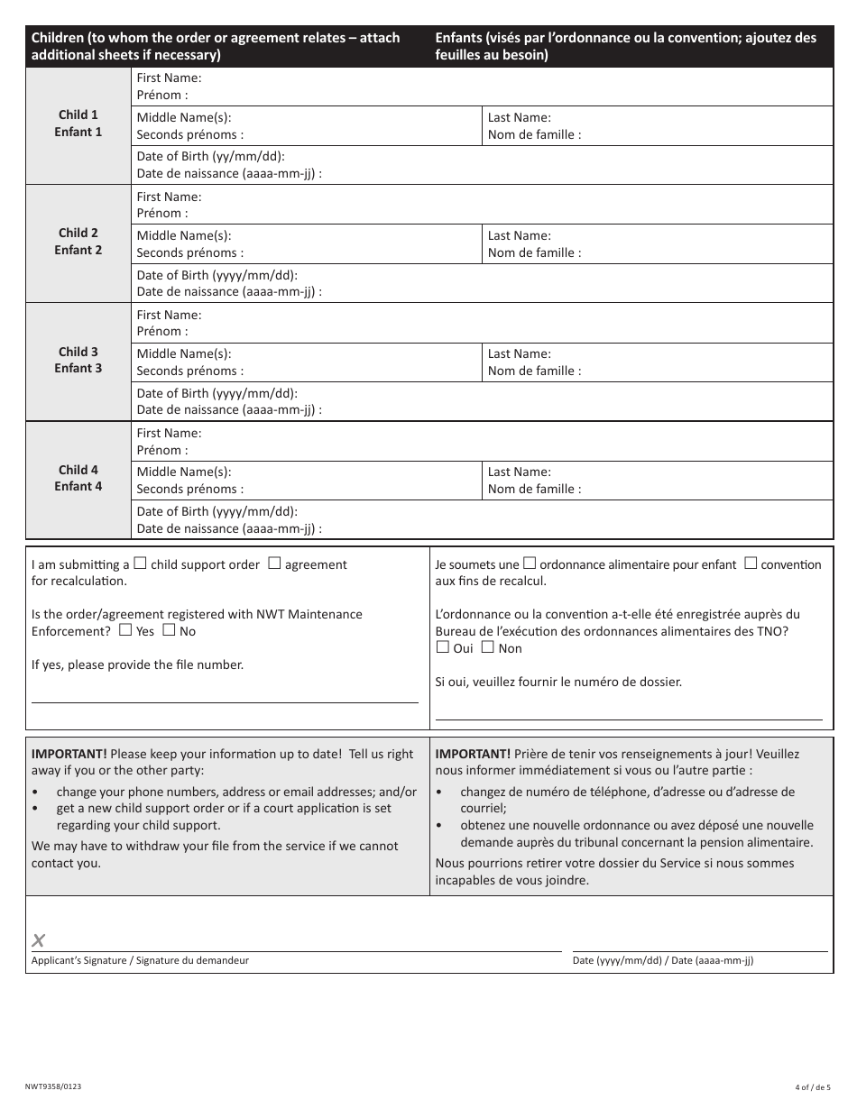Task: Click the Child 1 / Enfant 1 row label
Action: point(78,124)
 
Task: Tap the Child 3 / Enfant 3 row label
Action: point(78,360)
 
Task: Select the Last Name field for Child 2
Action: point(657,244)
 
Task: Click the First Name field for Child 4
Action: point(483,442)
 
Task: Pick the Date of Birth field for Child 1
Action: point(483,166)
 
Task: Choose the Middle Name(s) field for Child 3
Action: point(308,362)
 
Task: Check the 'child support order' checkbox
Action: point(141,564)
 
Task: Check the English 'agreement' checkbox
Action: point(275,564)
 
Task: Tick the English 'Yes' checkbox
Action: point(125,630)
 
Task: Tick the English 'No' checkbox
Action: point(169,630)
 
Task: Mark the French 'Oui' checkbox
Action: point(442,646)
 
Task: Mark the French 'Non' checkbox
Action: point(487,646)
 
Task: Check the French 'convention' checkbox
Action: point(751,564)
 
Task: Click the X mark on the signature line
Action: point(39,941)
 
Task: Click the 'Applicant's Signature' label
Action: point(140,961)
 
